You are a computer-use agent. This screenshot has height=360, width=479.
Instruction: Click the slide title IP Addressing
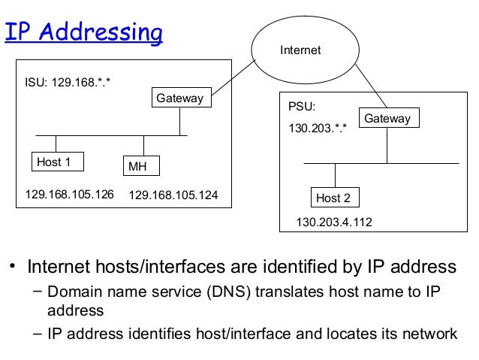tap(83, 33)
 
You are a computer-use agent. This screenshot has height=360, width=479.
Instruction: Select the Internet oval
tap(300, 50)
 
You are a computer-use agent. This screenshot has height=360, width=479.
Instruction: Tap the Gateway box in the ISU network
tap(179, 98)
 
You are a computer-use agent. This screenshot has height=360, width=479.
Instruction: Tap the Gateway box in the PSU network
tap(387, 119)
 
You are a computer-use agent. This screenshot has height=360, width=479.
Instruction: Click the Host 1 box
tap(57, 162)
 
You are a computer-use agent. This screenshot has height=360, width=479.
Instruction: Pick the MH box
tap(142, 165)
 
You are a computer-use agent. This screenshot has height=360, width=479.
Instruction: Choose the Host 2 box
tap(333, 198)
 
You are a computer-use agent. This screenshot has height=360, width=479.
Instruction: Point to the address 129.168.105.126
tap(69, 195)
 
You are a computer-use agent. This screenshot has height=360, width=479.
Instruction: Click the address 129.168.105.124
tap(173, 195)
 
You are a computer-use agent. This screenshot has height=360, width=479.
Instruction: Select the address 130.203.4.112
tap(334, 222)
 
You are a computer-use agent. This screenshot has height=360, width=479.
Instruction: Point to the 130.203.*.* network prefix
tap(318, 129)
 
